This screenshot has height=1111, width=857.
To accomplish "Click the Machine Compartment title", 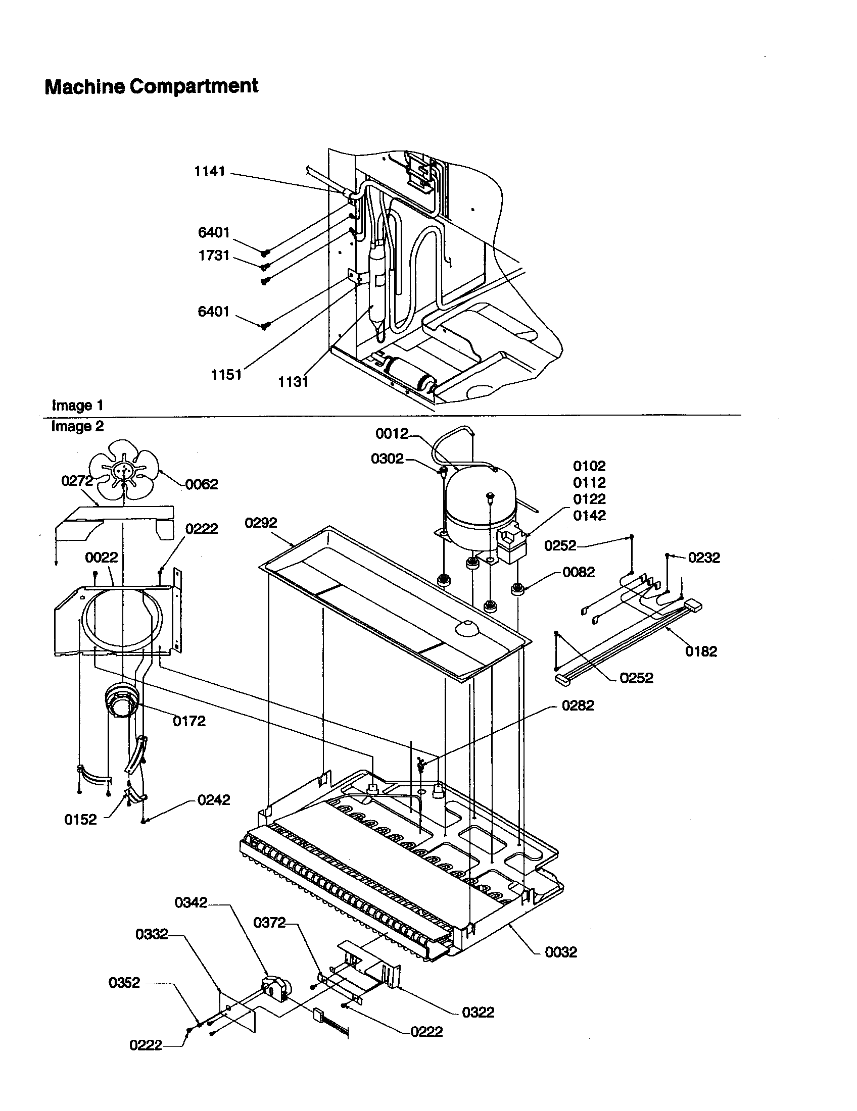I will coord(151,86).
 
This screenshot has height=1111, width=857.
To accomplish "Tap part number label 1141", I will coord(210,171).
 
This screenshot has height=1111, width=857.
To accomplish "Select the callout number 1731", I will coord(214,256).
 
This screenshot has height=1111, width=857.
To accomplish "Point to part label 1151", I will coord(226,375).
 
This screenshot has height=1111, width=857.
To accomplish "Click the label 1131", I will coord(294,381).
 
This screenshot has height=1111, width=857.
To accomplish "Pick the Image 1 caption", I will coord(77,406).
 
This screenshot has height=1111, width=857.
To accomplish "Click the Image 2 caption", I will coord(77,426).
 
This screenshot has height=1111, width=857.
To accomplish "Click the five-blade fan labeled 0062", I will coord(124,469).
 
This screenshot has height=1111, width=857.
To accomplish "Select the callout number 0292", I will coord(261,523).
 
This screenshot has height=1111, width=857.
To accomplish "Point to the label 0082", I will coord(579,572).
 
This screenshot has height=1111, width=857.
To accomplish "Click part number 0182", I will coord(701,651).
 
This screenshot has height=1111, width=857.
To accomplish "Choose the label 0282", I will coord(578,705).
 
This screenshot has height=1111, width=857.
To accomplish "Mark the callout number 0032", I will coord(561,952).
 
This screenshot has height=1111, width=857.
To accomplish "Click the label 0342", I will coord(191,902).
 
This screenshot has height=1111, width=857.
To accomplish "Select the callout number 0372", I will coord(269,922).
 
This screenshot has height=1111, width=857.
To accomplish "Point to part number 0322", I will coord(478,1013).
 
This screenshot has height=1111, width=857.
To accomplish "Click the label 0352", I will coord(124,982).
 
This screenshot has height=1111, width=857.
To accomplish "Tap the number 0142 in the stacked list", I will coord(589,515).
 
